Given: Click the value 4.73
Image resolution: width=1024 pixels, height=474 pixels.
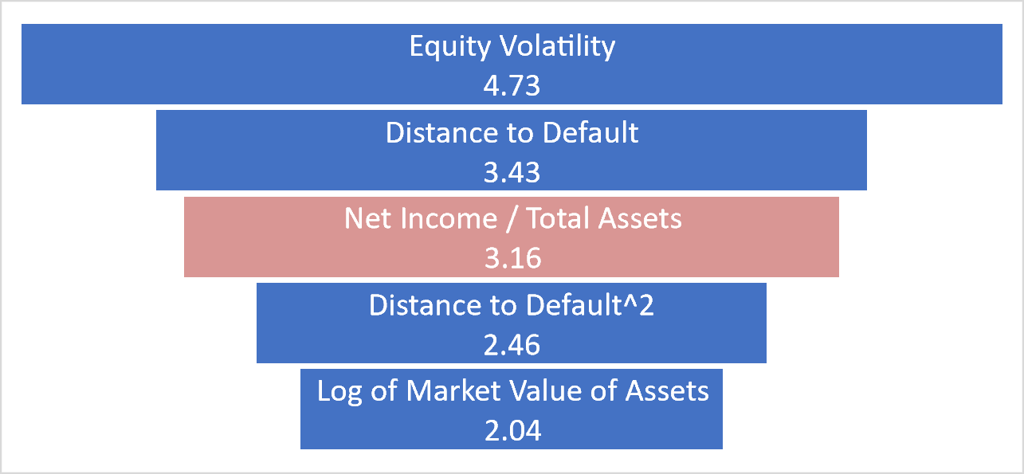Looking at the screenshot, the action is point(512,85).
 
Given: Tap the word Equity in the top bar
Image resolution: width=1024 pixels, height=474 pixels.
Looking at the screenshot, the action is point(449,47).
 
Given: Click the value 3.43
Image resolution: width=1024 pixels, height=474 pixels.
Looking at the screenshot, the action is point(512,172).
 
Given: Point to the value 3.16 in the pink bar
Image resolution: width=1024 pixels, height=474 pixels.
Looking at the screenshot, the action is point(512,258).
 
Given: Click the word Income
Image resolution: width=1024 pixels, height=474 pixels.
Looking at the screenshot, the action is point(449,218).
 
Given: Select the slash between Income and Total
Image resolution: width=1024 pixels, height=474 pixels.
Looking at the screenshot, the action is point(512,219).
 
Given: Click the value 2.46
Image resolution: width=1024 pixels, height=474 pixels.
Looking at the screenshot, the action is point(512,345).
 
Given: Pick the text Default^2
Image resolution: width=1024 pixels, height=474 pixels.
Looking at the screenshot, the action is point(590,305).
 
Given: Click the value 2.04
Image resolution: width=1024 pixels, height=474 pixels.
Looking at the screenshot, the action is point(512,431).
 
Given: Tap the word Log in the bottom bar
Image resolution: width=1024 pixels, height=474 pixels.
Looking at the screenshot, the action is point(339,392).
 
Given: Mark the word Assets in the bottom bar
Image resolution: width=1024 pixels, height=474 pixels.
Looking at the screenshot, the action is point(667,391).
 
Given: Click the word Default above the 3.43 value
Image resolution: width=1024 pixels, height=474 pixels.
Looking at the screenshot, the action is point(590,133).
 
